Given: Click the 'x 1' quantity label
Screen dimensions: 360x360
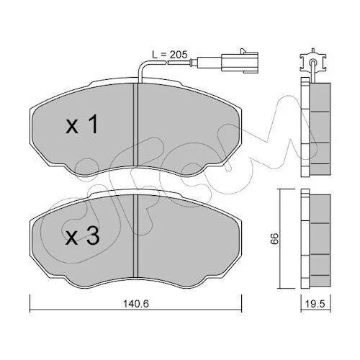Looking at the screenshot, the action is [82, 124].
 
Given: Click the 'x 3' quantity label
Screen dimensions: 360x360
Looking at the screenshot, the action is [82, 235].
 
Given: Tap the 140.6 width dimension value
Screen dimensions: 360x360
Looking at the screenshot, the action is [136, 304].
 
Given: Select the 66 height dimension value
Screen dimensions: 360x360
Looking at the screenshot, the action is [274, 238].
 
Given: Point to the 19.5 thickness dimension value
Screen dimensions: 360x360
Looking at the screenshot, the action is [315, 304].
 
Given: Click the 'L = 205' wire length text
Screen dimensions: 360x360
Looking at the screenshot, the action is [170, 55].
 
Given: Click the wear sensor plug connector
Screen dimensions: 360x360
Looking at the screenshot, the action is [240, 62].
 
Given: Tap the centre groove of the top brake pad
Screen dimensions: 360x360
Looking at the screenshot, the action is [136, 124].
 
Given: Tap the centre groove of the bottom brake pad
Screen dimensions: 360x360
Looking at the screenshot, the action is [136, 236].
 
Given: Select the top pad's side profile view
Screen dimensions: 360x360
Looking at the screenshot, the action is [316, 127].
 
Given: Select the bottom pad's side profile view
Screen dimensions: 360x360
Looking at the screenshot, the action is [316, 239].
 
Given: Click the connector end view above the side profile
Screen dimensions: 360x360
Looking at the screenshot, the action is [312, 61].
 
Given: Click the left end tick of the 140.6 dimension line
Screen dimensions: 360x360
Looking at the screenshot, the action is [30, 303].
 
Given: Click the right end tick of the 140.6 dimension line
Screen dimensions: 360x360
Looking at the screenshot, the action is [241, 303].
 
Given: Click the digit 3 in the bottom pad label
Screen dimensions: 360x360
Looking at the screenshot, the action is [93, 235].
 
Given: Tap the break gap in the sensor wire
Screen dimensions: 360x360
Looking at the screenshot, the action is [167, 63].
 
